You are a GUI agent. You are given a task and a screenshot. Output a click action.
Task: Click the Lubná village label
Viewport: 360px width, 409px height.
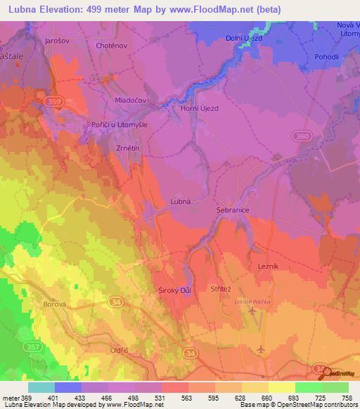[x=181, y=201]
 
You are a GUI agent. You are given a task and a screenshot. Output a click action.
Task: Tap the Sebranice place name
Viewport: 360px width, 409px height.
[x=232, y=210]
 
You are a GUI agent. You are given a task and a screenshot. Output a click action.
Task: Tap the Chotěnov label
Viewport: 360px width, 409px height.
[x=110, y=45]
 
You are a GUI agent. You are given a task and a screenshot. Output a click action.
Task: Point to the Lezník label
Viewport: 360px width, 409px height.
[x=268, y=266]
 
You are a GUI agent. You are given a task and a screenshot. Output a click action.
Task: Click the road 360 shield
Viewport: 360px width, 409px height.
[x=302, y=135]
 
